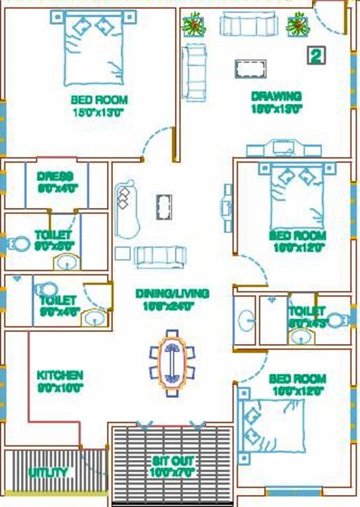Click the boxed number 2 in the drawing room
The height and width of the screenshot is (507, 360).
[316, 56]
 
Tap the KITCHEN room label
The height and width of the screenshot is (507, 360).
[59, 376]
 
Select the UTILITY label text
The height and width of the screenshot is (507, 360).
[48, 473]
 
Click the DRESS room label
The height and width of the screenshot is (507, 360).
[57, 176]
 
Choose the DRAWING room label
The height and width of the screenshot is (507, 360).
[276, 96]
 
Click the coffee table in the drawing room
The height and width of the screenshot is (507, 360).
[250, 69]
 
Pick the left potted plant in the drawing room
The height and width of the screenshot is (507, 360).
[194, 25]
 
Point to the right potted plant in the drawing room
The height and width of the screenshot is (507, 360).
[296, 25]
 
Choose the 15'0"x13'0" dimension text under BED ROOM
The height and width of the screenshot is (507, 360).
[98, 112]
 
